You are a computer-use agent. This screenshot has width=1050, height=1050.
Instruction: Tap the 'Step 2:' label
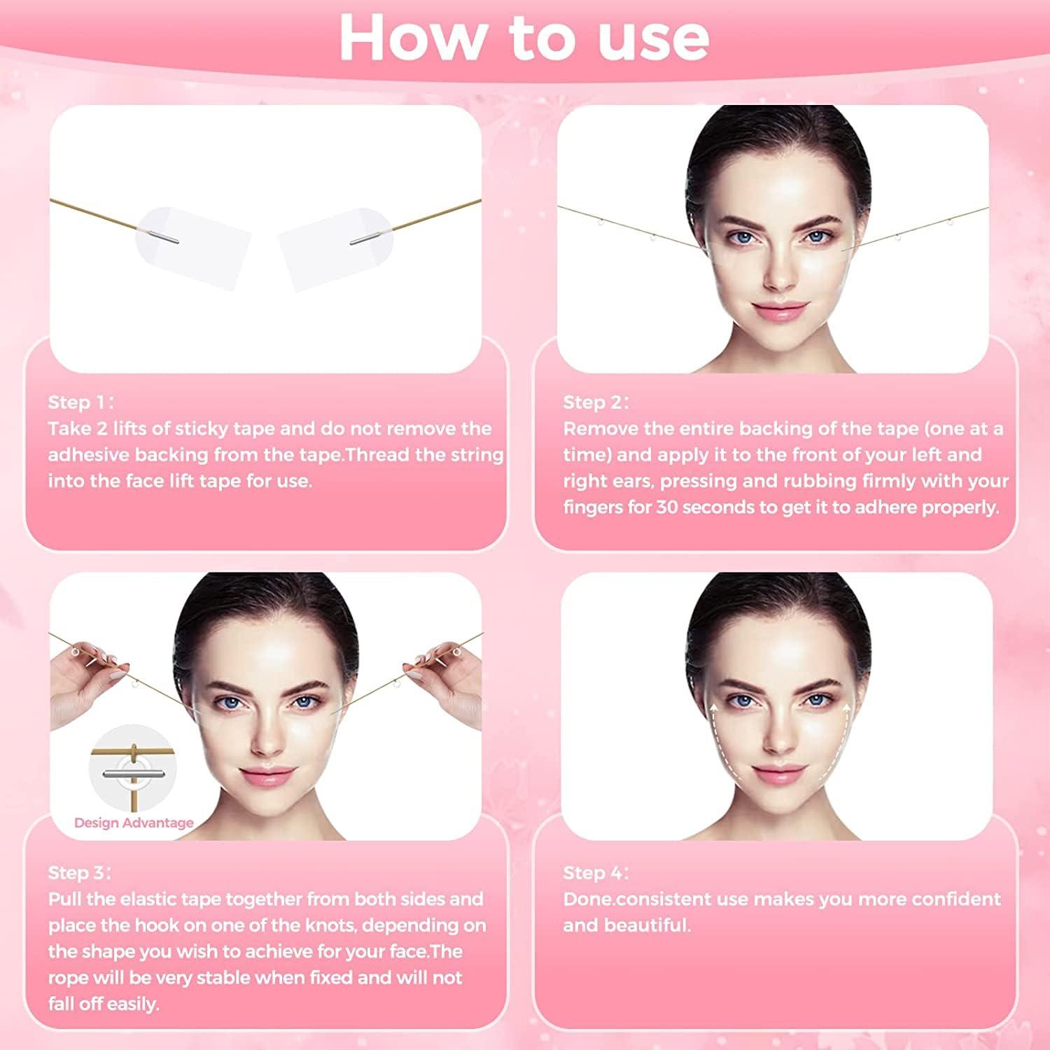(x=596, y=402)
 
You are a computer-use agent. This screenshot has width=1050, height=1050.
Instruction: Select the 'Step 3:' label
(x=79, y=873)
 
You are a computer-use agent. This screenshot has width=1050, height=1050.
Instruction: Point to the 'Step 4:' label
(x=596, y=873)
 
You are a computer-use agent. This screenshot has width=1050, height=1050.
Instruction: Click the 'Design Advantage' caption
(x=134, y=823)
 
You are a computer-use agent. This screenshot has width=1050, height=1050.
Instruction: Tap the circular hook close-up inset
(x=132, y=766)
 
